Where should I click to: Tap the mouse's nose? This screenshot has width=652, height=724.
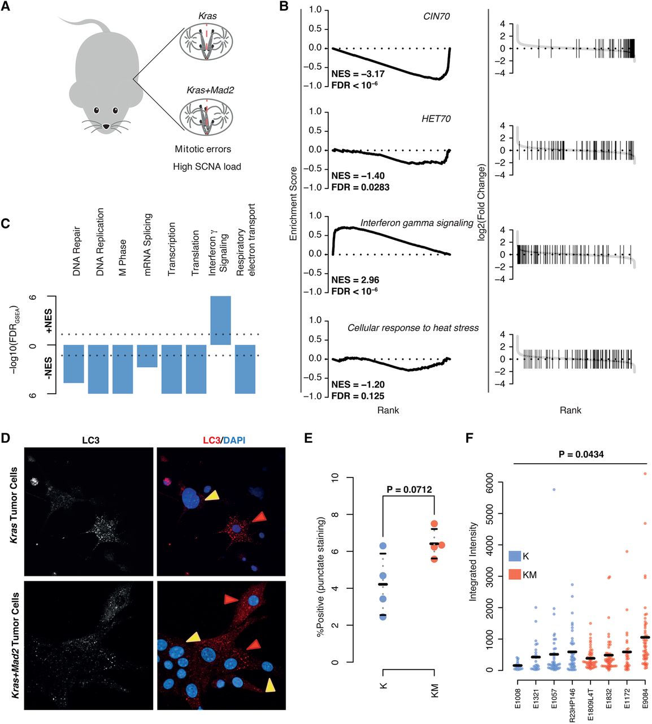coord(106,126)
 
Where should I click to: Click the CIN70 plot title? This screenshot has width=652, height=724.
coord(436,16)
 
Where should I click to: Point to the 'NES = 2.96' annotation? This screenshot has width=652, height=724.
coord(355,280)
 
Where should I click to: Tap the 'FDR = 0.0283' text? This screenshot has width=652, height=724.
coord(360,187)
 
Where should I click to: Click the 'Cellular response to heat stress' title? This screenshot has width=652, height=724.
coord(413,328)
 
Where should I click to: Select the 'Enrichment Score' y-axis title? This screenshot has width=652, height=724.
coord(293,204)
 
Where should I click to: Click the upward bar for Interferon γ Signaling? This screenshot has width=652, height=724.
coord(220,320)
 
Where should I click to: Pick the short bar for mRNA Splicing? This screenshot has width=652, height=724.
coord(147,356)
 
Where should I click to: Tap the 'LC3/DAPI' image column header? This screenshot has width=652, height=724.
coord(221,439)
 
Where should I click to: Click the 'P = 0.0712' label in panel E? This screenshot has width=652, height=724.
coord(409,489)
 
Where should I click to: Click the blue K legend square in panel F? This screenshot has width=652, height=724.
coord(514,556)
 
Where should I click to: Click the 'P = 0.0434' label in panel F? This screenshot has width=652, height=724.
coord(581,454)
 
